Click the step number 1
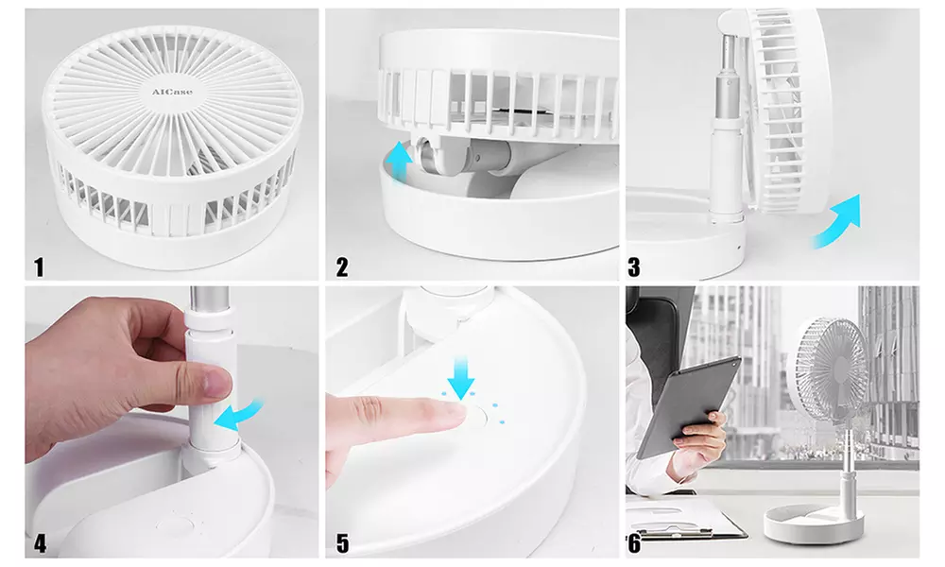coord(39,267)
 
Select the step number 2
coord(342,267)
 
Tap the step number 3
coord(634,267)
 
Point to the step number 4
coord(40,544)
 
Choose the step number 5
coord(342,544)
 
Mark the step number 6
coord(633,544)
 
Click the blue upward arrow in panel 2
coord(400,161)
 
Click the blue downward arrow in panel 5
coord(462,380)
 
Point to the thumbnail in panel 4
coord(214,383)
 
